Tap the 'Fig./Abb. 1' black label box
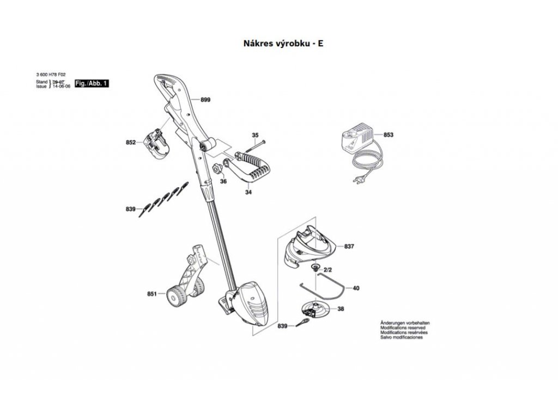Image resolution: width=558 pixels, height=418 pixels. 92,83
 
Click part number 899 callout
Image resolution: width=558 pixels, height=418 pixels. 205,100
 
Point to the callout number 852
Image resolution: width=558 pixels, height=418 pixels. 130,143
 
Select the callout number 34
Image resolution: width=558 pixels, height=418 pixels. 248,192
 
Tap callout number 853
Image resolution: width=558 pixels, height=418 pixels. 388,134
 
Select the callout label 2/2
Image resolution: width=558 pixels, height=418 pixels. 328,270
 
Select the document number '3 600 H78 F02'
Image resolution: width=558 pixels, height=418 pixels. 51,76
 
